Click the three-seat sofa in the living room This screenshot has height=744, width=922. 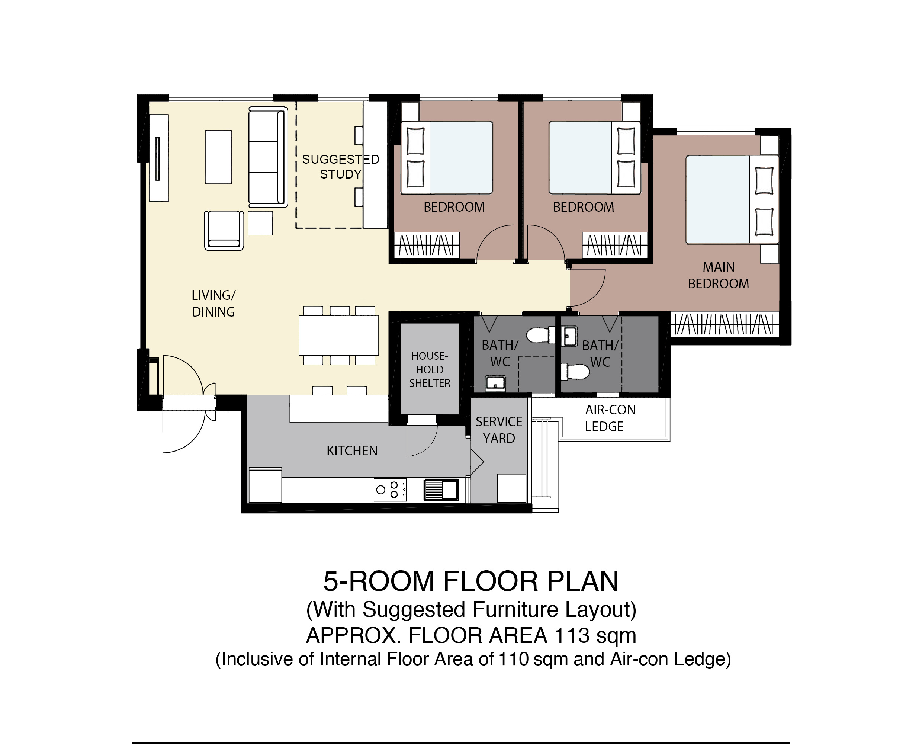pyautogui.click(x=268, y=157)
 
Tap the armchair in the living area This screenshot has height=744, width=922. pyautogui.click(x=224, y=231)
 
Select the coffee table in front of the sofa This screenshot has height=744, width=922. pyautogui.click(x=218, y=157)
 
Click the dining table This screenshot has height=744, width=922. pyautogui.click(x=338, y=335)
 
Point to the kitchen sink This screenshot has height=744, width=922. pyautogui.click(x=441, y=490)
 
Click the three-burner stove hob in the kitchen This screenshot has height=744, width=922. pyautogui.click(x=390, y=490)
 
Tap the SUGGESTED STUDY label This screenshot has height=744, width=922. pyautogui.click(x=341, y=167)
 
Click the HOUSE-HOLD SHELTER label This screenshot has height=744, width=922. pyautogui.click(x=430, y=369)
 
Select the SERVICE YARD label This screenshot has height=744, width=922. pyautogui.click(x=499, y=430)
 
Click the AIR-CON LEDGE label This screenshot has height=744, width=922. pyautogui.click(x=610, y=418)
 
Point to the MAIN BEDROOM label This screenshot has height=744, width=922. pyautogui.click(x=719, y=275)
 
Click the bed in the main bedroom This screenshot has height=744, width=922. pyautogui.click(x=732, y=200)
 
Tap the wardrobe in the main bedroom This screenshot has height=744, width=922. pyautogui.click(x=725, y=324)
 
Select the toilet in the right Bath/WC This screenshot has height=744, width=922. pyautogui.click(x=575, y=372)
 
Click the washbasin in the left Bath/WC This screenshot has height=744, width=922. pyautogui.click(x=496, y=384)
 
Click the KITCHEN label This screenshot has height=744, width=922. pyautogui.click(x=352, y=451)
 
